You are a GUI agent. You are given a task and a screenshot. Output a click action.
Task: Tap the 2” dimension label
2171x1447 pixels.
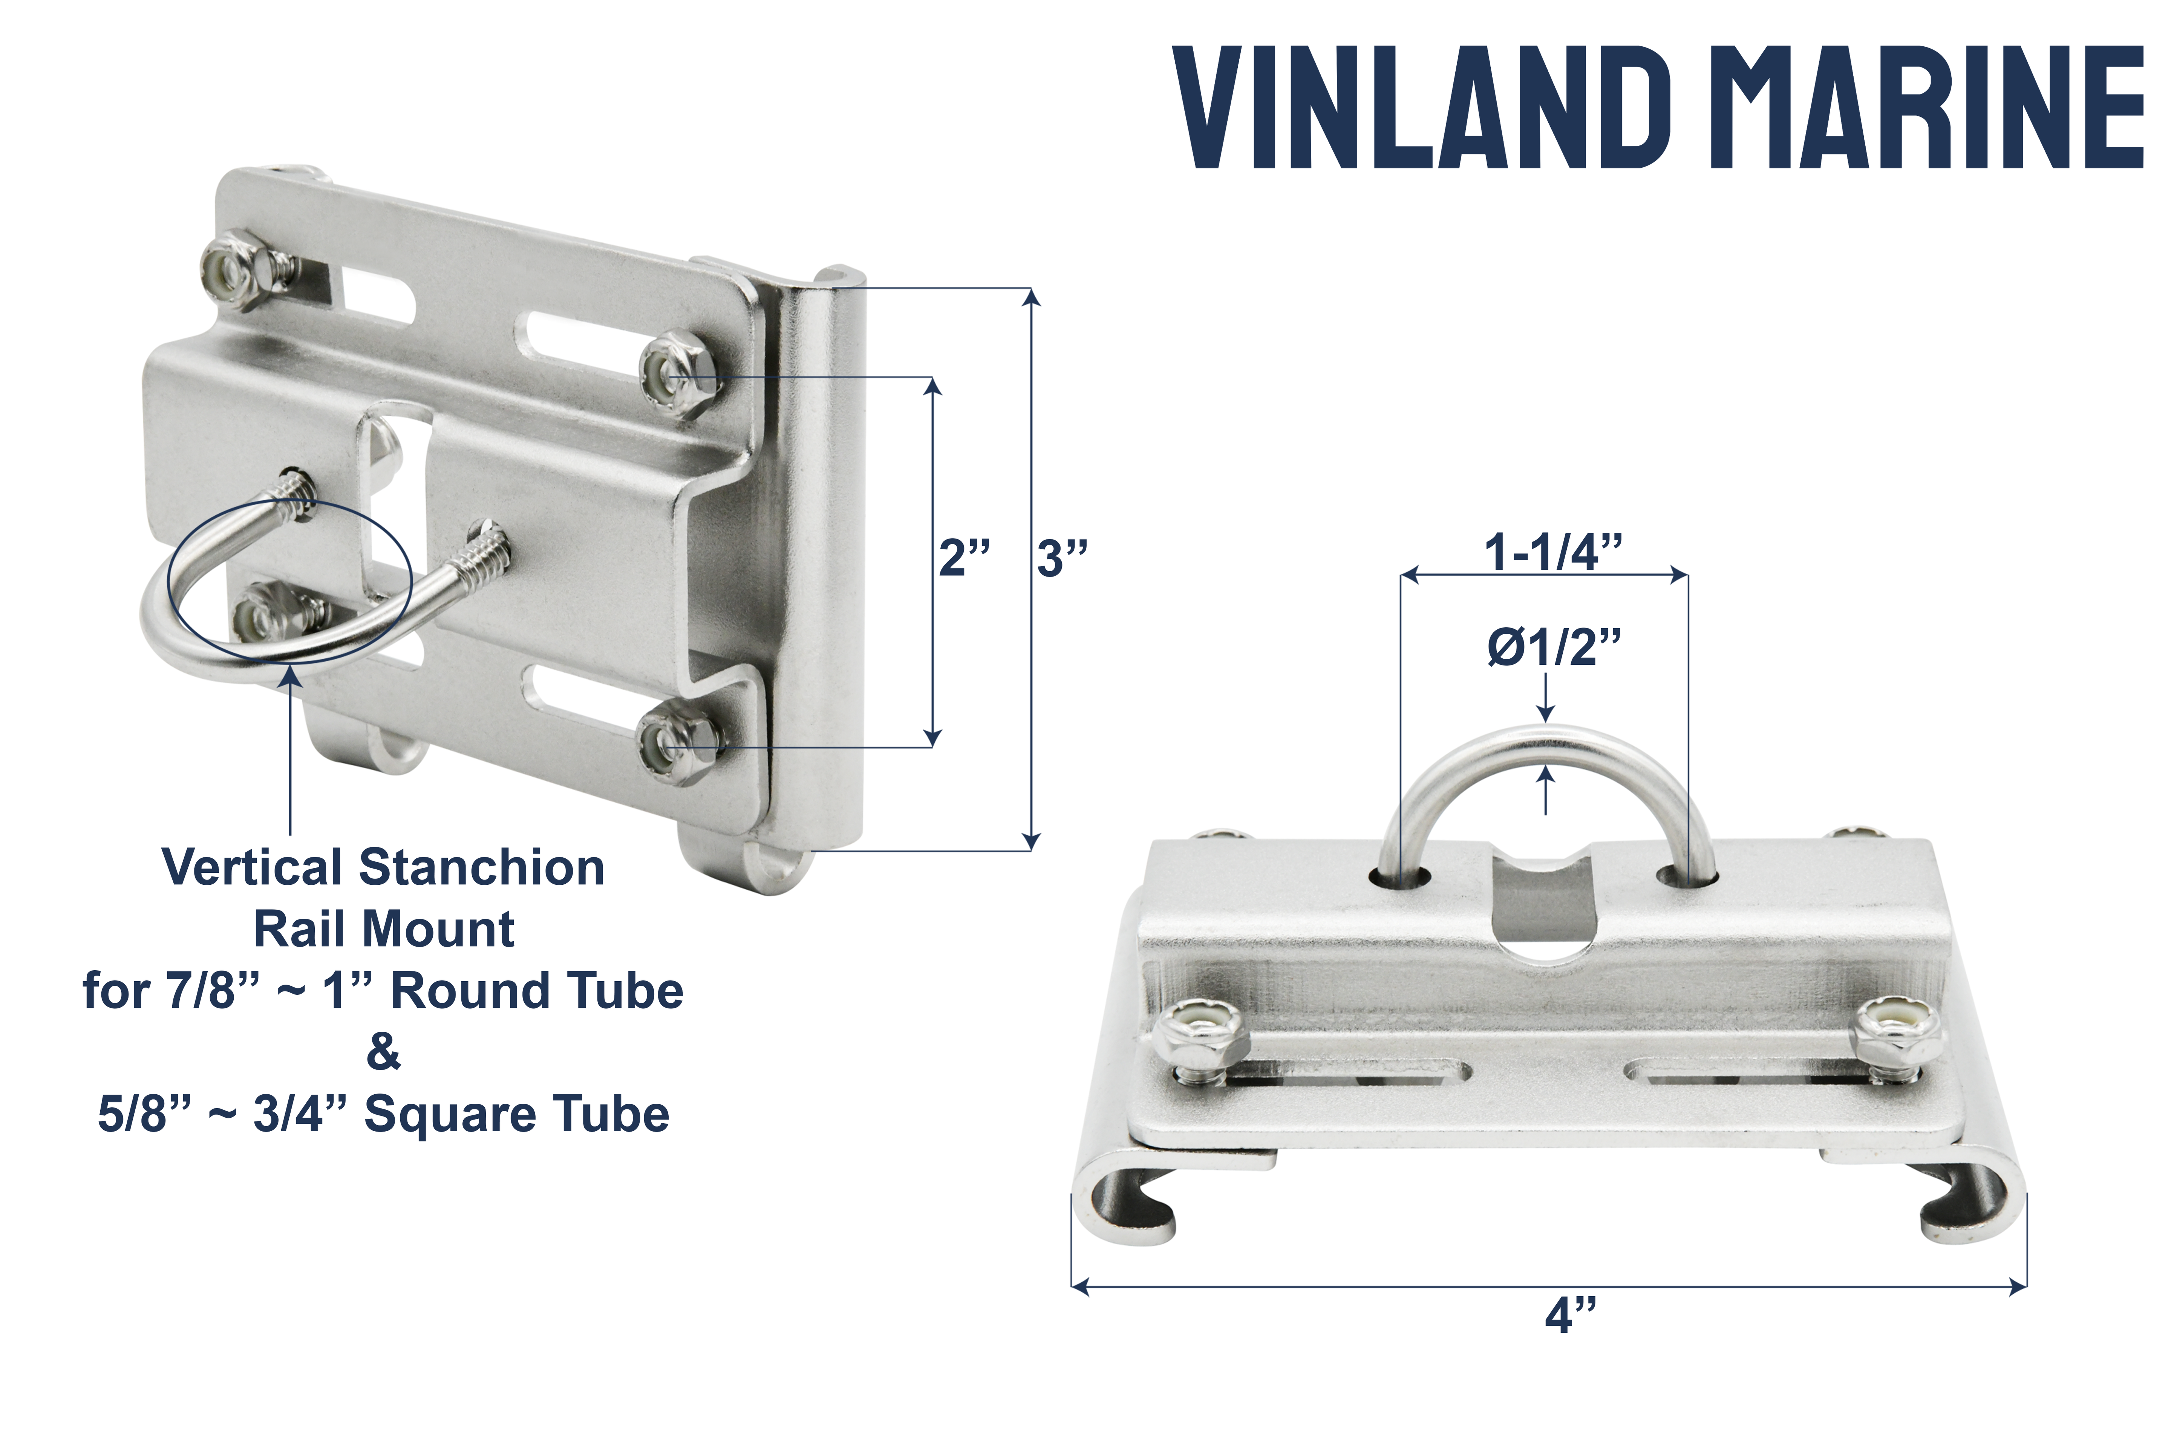click(965, 558)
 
